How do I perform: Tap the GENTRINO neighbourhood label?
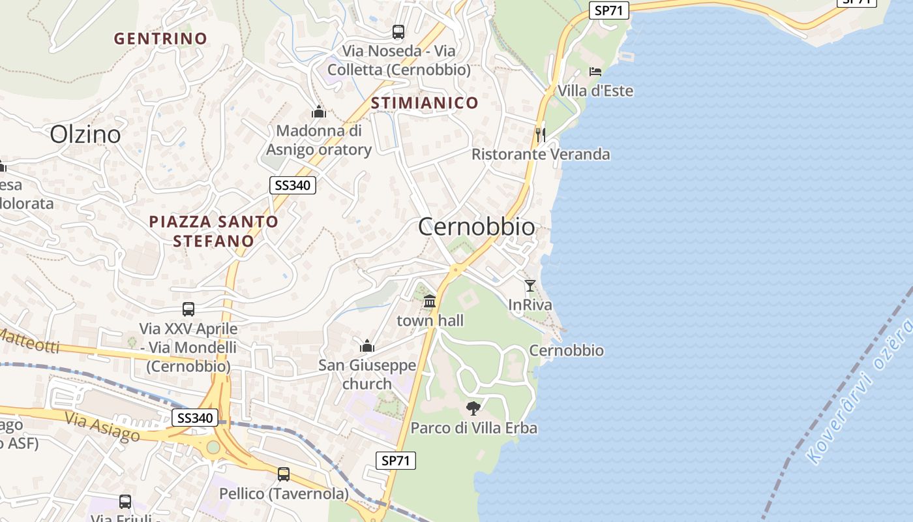click(x=160, y=38)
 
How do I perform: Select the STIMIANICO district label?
click(x=425, y=102)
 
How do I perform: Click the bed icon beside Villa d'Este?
click(x=595, y=71)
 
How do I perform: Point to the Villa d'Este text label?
click(x=595, y=91)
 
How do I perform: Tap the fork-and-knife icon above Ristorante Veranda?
click(x=540, y=134)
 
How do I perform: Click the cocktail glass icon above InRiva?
click(x=530, y=285)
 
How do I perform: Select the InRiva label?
click(x=530, y=305)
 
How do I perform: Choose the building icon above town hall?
click(x=430, y=301)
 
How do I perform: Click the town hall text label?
click(x=430, y=320)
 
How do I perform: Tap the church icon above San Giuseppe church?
click(x=367, y=345)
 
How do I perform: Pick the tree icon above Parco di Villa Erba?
click(x=473, y=408)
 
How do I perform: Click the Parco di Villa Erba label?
click(x=473, y=428)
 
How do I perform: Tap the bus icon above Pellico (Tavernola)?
click(x=284, y=474)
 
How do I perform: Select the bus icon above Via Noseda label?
click(x=398, y=31)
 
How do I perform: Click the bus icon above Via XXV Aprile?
click(x=188, y=309)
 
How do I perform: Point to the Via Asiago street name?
click(x=102, y=425)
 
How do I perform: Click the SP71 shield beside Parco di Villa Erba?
click(x=396, y=460)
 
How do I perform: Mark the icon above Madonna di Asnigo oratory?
click(x=318, y=112)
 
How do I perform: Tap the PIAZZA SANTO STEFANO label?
click(x=214, y=231)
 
